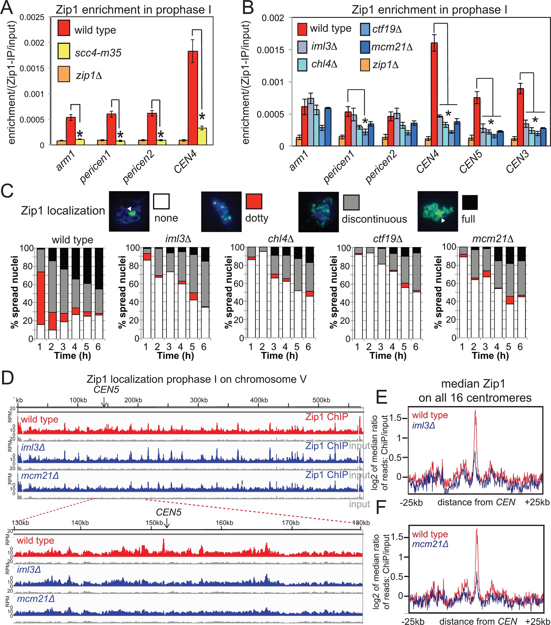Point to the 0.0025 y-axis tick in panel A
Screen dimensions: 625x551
pos(32,17)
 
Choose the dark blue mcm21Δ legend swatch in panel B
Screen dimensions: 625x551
pos(365,47)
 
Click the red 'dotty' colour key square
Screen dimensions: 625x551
pos(254,201)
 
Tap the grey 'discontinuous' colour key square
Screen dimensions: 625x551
pos(351,203)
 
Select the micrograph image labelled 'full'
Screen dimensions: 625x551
pos(438,211)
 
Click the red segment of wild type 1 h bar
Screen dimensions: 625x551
pos(41,298)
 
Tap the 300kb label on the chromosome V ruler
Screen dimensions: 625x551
pos(199,400)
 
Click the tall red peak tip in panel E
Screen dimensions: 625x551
pos(475,411)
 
